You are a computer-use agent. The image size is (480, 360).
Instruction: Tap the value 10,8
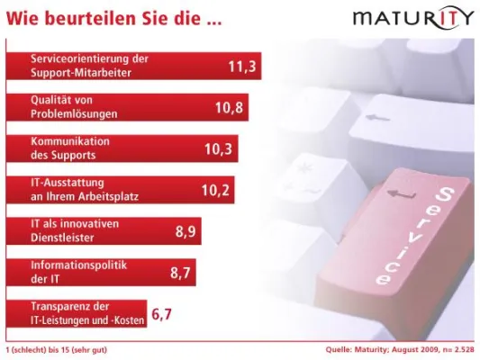[230, 107]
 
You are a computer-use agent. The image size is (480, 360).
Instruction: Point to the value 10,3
[219, 148]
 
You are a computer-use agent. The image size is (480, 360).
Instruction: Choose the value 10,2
[216, 190]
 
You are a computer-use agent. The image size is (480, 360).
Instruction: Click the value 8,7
[182, 272]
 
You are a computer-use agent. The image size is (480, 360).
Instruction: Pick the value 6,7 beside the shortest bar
[161, 314]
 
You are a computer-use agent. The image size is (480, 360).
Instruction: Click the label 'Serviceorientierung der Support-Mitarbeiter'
[88, 65]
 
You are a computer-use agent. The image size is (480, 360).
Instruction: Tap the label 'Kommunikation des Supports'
[69, 148]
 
